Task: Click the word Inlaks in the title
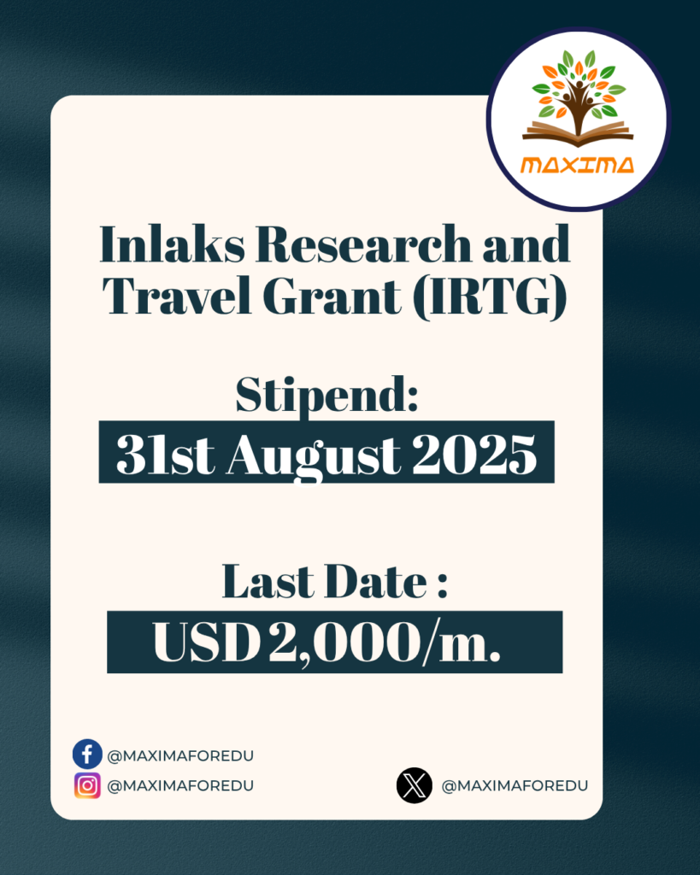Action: pos(172,244)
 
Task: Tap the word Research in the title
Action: pos(363,244)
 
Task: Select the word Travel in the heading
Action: pos(177,295)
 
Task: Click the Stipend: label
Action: pos(327,395)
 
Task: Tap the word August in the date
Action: pos(313,455)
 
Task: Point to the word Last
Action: pos(268,581)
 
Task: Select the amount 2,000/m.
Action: pos(384,643)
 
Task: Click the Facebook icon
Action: pos(87,755)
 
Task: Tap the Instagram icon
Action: pos(87,786)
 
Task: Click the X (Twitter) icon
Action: pos(415,786)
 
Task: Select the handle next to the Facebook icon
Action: pos(180,756)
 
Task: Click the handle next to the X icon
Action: pos(515,786)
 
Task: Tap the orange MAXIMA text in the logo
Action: pos(577,165)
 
